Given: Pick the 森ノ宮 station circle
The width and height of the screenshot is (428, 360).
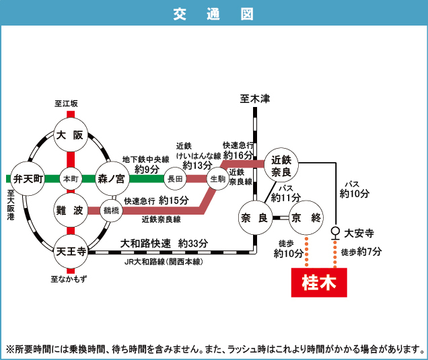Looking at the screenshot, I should (x=112, y=179).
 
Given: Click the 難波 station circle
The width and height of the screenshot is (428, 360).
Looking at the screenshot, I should (x=70, y=211).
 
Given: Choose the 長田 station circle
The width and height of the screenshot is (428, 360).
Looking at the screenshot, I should (x=175, y=179).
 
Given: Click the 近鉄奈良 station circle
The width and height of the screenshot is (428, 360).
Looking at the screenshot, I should (x=281, y=164).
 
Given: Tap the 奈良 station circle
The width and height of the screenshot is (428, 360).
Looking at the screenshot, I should (x=254, y=217).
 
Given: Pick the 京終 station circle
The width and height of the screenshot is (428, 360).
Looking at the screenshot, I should (x=306, y=217).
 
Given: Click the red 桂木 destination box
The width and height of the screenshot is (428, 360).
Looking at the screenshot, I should (x=319, y=282).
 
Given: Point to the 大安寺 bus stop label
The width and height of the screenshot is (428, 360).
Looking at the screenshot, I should (x=359, y=233).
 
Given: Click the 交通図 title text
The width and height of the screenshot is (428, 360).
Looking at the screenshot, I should (x=213, y=13).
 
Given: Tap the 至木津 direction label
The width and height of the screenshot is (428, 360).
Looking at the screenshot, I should (x=254, y=99).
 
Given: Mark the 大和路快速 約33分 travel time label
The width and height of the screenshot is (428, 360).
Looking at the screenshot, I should (x=164, y=243).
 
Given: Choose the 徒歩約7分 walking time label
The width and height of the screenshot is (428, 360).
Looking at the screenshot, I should (x=362, y=253).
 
